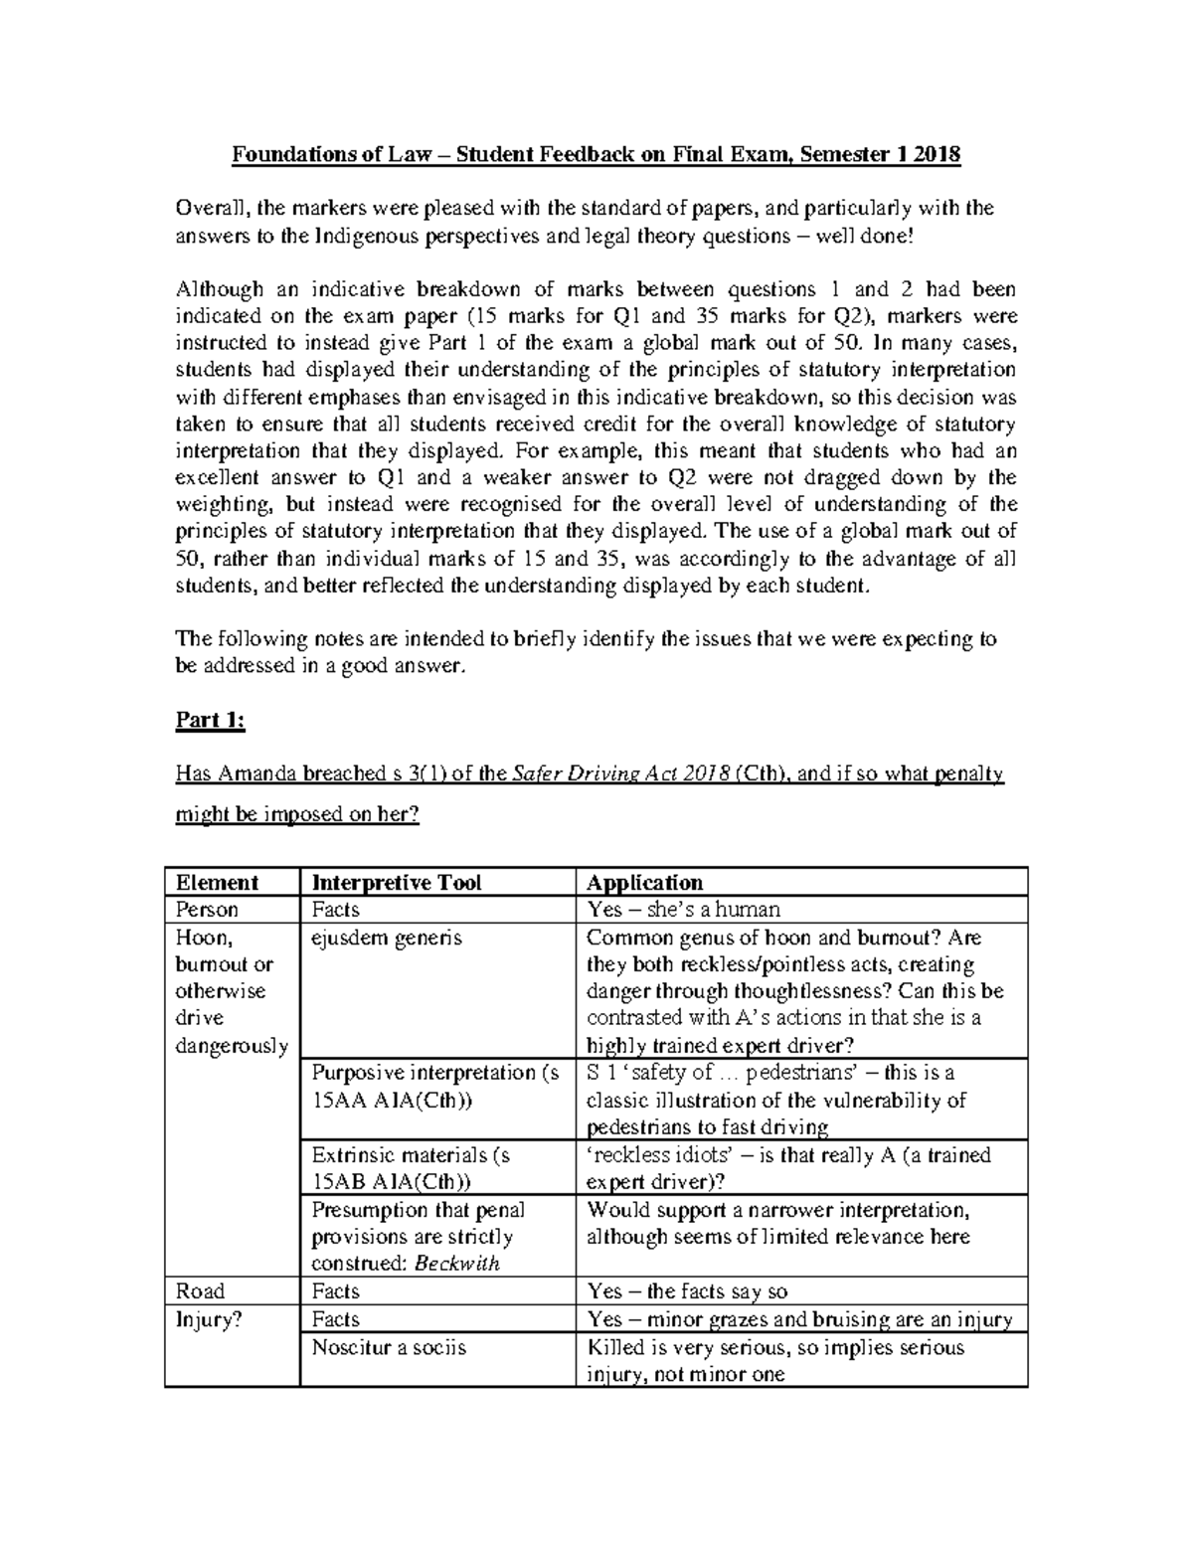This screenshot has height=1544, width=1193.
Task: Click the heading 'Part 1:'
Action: coord(210,720)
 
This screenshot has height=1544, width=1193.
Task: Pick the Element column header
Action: coord(217,882)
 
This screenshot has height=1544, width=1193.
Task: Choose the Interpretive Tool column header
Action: coord(397,882)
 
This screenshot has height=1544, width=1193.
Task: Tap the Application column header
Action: coord(644,882)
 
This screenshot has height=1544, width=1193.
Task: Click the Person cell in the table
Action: coord(207,909)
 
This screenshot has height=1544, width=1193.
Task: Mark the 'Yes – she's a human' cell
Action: coord(683,909)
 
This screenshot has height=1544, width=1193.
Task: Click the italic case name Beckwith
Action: coord(457,1263)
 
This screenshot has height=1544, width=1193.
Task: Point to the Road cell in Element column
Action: coord(200,1290)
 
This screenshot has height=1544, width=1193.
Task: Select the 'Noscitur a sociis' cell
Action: coord(389,1347)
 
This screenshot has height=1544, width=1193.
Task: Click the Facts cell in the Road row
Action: coord(336,1290)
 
